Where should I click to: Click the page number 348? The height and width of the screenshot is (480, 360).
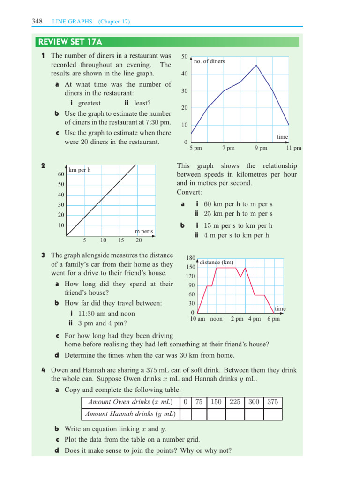pos(37,21)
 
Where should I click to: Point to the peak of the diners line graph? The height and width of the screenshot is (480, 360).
pos(256,65)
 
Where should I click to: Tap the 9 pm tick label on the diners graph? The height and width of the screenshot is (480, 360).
pos(261,148)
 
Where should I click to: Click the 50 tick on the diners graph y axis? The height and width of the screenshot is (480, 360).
pos(185,57)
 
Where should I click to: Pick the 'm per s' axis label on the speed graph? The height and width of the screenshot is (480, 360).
pos(144,231)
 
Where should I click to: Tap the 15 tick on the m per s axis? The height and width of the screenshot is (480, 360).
pos(121,240)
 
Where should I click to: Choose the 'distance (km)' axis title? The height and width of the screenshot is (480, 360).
pos(217,262)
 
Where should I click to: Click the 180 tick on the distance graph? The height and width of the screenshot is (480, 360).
pos(190,258)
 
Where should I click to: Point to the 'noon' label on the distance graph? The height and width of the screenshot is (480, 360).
pos(217,319)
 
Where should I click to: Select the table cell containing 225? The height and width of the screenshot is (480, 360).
pos(235,402)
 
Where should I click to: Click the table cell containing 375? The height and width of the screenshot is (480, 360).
pos(272,402)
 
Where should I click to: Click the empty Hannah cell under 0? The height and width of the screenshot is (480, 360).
pos(186,414)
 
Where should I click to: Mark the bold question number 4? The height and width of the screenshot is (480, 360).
pos(42,370)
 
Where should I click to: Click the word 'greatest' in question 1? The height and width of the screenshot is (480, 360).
pos(89,103)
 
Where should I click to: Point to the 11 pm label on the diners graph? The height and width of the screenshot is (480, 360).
pos(294,148)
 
